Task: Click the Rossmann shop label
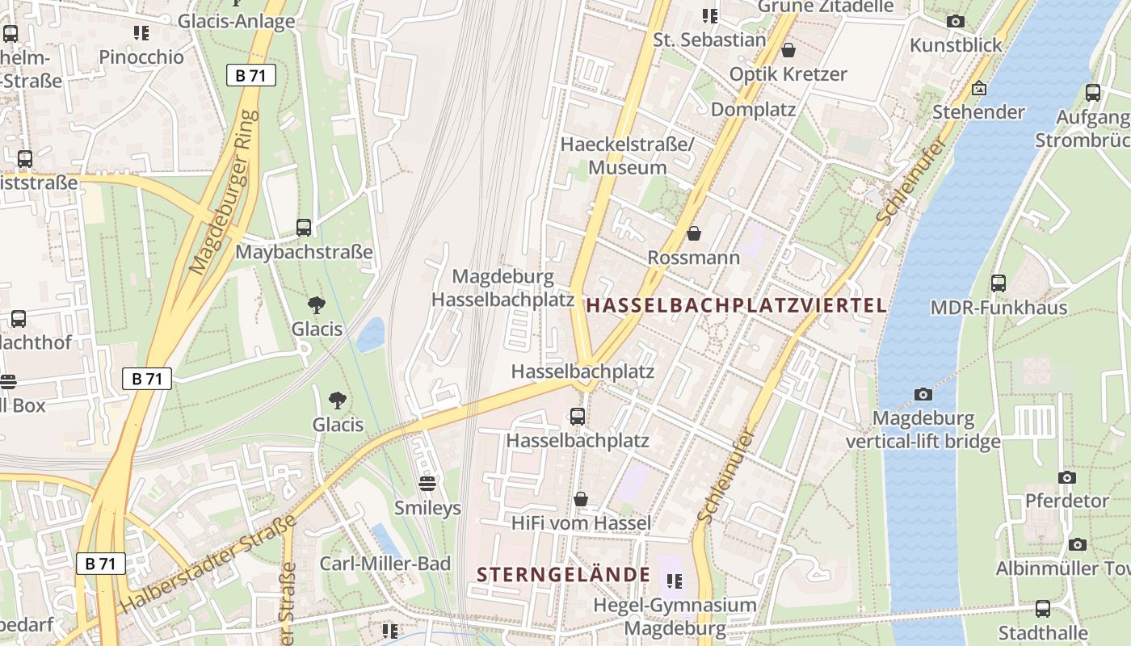[x=694, y=258]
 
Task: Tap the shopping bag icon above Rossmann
[x=693, y=234]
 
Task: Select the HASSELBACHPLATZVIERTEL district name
[x=736, y=305]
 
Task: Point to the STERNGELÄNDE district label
[x=563, y=575]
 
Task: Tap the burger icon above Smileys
[x=427, y=484]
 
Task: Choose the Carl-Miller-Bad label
[x=385, y=564]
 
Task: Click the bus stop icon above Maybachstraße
[x=304, y=228]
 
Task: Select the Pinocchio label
[x=141, y=57]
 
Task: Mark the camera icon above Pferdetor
[x=1067, y=477]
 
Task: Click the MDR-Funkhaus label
[x=999, y=308]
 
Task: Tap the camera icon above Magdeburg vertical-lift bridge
[x=923, y=394]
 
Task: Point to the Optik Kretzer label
[x=788, y=74]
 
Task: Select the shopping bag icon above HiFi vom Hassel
[x=580, y=500]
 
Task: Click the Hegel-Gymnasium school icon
[x=675, y=581]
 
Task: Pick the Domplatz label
[x=753, y=110]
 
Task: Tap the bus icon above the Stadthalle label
[x=1043, y=608]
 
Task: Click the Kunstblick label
[x=956, y=45]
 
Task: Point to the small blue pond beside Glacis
[x=371, y=333]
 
